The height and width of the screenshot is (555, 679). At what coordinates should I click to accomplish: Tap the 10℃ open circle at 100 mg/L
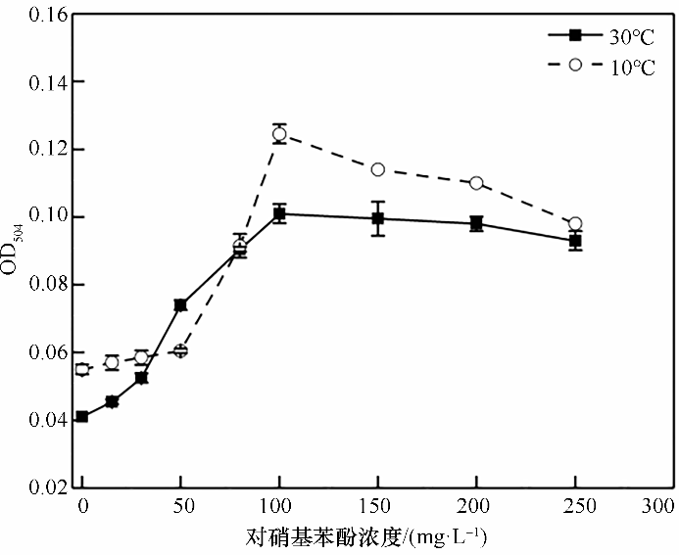279,134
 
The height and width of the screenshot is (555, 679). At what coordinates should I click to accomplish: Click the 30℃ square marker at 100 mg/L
279,213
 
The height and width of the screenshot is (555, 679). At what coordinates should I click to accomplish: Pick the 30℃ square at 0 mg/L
82,417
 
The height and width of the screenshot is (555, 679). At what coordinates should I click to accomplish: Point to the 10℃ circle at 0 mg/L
82,369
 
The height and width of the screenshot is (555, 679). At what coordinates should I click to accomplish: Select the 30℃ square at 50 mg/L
180,305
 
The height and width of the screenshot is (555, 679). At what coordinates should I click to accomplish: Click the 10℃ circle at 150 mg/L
377,169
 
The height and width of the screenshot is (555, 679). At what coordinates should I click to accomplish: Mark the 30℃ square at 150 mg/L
377,218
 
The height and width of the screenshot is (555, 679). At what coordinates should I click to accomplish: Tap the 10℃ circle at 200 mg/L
476,183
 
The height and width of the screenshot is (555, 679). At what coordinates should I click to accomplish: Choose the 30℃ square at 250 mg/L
575,241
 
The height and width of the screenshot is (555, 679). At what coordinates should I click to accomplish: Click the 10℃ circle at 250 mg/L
575,224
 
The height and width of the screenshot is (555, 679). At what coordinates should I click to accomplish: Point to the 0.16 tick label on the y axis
38,15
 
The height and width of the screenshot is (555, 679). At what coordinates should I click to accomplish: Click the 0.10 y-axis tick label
38,217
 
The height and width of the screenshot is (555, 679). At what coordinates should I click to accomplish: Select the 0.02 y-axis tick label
38,487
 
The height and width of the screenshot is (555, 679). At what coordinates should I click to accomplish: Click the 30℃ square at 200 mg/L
476,223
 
